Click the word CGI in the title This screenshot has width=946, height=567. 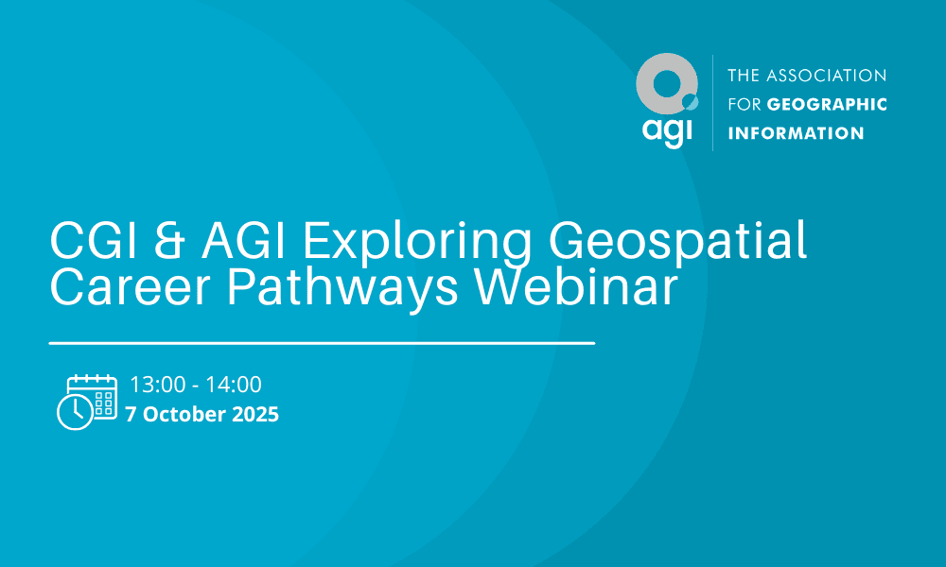click(94, 241)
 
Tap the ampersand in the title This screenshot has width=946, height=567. click(169, 241)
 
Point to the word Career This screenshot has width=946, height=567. click(130, 287)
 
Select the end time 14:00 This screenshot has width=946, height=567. click(234, 385)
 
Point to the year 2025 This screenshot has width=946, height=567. click(255, 414)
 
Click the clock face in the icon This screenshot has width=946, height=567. click(76, 413)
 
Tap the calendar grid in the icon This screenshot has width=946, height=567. click(104, 403)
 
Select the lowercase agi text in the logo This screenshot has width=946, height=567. click(667, 130)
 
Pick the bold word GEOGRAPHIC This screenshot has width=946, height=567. click(827, 104)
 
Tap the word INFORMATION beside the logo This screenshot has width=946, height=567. click(796, 133)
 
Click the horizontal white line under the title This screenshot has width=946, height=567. click(323, 343)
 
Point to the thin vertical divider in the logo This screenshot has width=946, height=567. click(712, 103)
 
